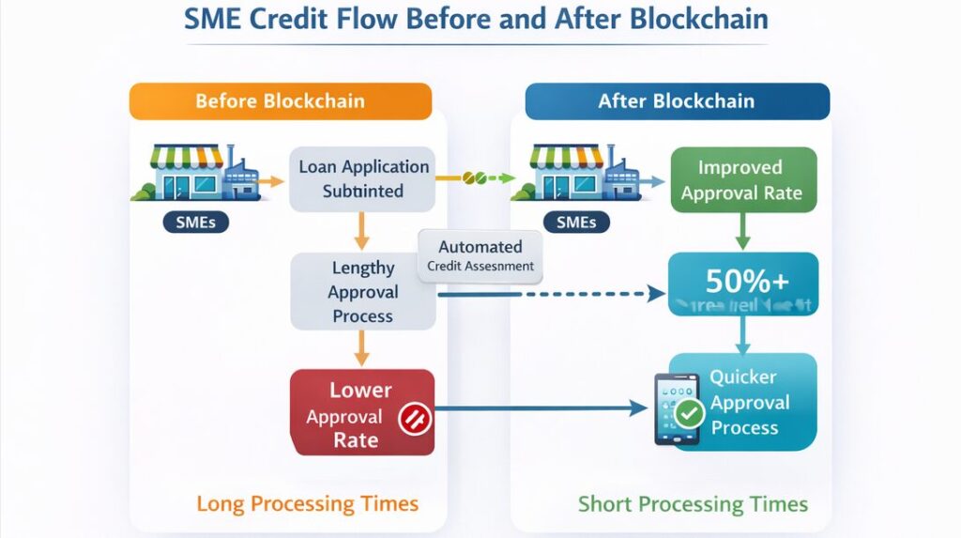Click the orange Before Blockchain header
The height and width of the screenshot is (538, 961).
(280, 101)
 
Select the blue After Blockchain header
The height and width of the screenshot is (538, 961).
(677, 101)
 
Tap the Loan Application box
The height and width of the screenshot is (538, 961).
(362, 178)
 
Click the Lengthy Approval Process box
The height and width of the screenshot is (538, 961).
(362, 292)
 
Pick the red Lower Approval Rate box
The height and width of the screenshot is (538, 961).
(362, 414)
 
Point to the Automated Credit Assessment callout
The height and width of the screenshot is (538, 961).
(480, 255)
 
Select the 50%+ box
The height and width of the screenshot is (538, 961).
(742, 283)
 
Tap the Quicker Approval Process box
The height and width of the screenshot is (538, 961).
(743, 402)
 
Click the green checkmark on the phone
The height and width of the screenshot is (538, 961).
(690, 411)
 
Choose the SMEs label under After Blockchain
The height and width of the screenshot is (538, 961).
(576, 223)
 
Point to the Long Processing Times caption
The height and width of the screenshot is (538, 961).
(307, 503)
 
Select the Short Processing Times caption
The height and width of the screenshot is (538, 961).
(693, 504)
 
